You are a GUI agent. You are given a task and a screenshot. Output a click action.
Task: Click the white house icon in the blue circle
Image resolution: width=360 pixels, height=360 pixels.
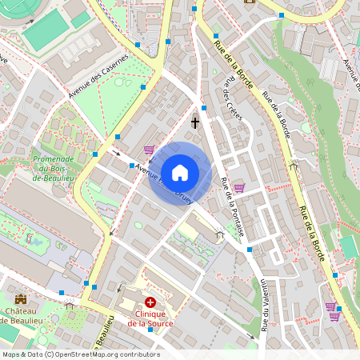[180, 172]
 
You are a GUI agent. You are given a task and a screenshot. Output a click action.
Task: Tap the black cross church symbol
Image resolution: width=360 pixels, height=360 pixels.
[195, 122]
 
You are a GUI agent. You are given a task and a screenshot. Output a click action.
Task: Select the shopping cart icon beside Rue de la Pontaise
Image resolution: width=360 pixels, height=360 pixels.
[238, 188]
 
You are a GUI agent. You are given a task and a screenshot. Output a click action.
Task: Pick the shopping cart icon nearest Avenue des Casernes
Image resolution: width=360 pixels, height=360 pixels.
[149, 149]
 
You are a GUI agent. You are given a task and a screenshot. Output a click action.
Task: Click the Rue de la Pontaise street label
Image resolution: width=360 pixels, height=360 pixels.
[232, 206]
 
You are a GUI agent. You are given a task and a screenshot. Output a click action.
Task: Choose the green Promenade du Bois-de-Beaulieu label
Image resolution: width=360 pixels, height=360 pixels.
[54, 168]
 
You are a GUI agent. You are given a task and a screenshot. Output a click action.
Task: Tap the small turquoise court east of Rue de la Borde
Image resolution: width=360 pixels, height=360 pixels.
[349, 247]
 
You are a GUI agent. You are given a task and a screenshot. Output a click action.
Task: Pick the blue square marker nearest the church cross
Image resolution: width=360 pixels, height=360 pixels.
[204, 106]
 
